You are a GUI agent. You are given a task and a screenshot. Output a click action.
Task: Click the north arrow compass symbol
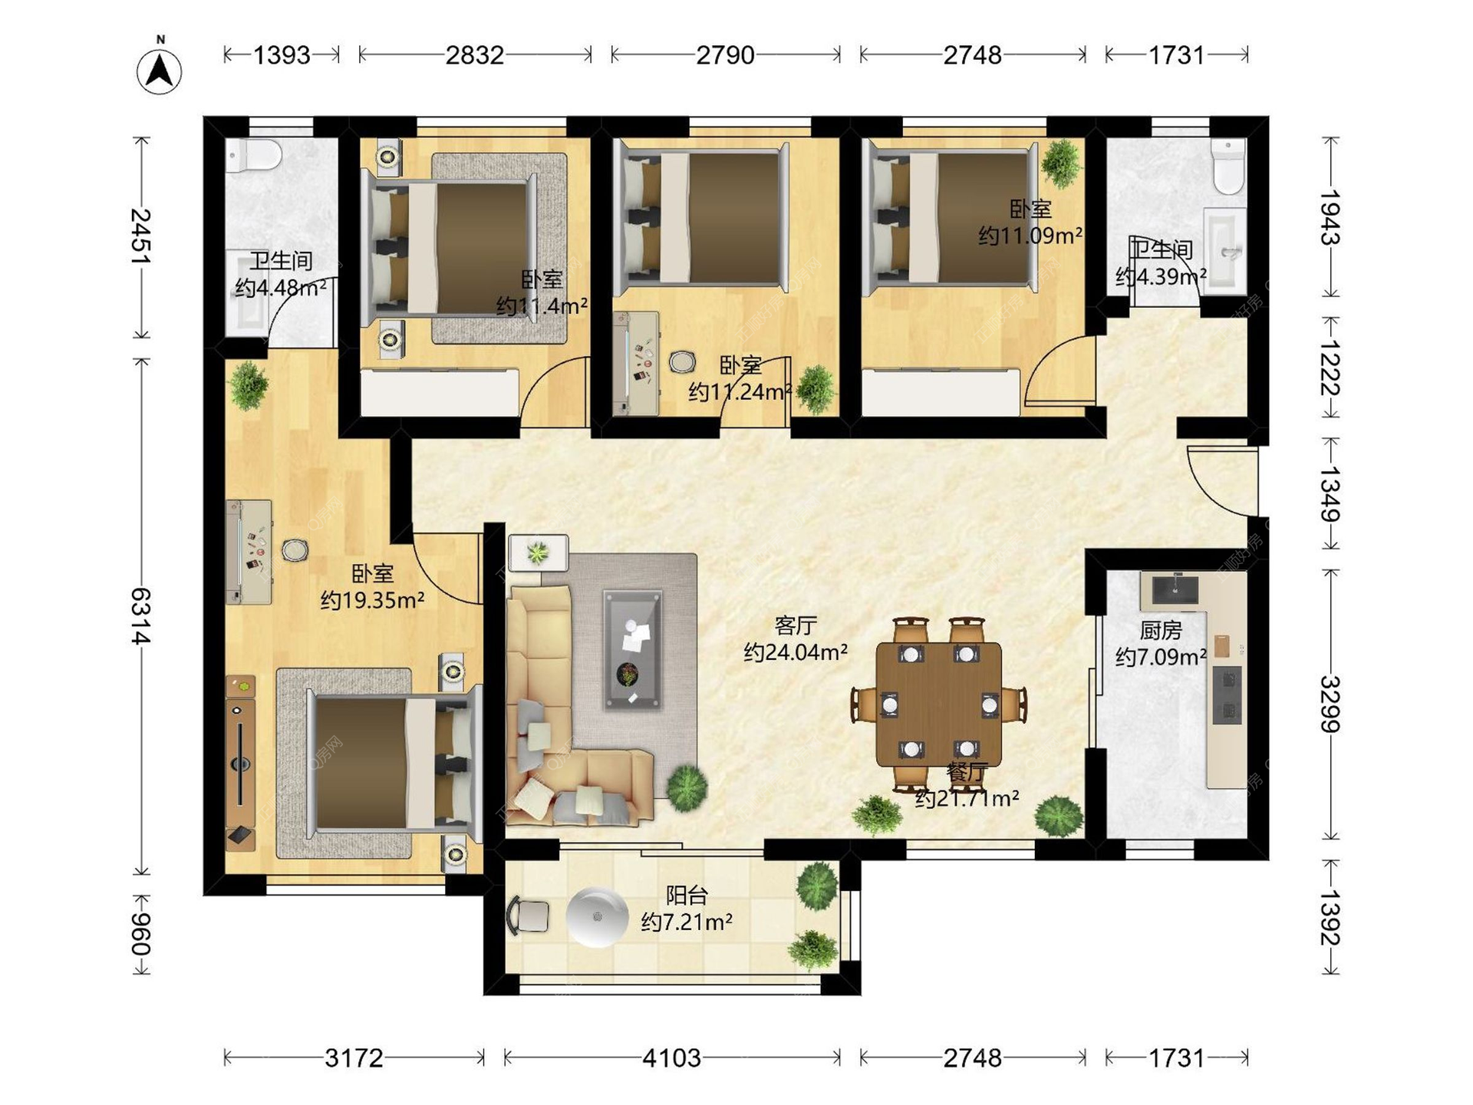(x=160, y=68)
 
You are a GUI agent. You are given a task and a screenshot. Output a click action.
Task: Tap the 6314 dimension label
(x=141, y=615)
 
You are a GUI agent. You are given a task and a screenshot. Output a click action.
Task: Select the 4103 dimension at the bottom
(x=671, y=1058)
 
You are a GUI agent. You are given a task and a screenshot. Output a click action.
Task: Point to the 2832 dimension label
(x=475, y=55)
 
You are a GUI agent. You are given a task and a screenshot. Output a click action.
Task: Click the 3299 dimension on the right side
(x=1330, y=704)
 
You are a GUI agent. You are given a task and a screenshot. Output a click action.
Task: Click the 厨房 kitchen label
(x=1161, y=630)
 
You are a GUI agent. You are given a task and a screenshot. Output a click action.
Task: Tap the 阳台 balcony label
(x=687, y=895)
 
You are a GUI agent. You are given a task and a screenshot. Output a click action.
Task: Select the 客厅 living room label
(x=796, y=625)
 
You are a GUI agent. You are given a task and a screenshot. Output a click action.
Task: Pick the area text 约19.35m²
(x=372, y=599)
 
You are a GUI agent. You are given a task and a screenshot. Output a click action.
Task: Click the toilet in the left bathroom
(x=254, y=154)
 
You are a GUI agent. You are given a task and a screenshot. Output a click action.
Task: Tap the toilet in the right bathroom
(x=1228, y=166)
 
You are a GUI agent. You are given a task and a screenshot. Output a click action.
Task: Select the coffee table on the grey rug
(x=632, y=649)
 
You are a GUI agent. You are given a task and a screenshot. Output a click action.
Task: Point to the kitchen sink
(x=1175, y=589)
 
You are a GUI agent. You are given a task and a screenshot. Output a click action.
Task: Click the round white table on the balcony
(x=597, y=917)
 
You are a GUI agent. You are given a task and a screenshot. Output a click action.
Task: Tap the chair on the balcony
(x=528, y=916)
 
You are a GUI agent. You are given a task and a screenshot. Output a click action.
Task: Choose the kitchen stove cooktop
(x=1227, y=695)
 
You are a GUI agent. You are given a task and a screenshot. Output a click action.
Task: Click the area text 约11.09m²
(x=1030, y=235)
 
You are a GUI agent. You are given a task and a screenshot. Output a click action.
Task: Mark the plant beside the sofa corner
(x=687, y=787)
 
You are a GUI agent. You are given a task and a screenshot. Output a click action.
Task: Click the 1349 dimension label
(x=1330, y=494)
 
